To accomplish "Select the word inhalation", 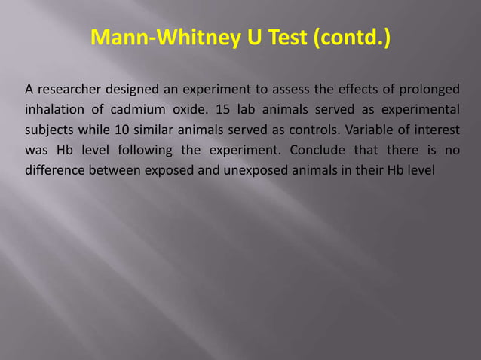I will tap(53, 111).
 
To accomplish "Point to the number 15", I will tap(222, 111).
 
